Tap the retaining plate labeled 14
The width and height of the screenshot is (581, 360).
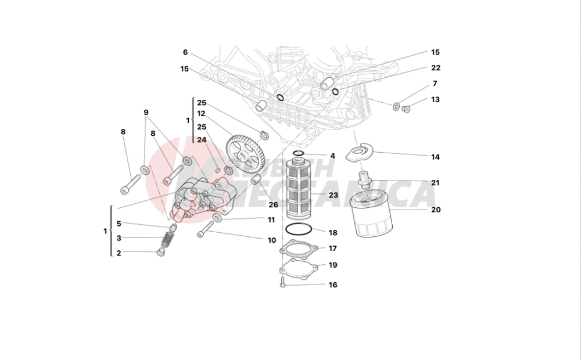click(x=360, y=153)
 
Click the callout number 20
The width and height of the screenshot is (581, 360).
click(x=436, y=210)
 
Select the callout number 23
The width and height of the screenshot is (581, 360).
click(x=333, y=196)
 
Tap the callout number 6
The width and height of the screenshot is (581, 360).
click(x=185, y=52)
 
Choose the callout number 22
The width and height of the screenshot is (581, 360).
click(x=436, y=68)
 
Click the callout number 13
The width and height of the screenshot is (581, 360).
click(x=435, y=99)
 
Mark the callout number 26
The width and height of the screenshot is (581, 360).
click(x=273, y=204)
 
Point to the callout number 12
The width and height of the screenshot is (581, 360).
click(x=202, y=114)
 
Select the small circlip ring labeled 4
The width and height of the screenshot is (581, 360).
click(x=298, y=154)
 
